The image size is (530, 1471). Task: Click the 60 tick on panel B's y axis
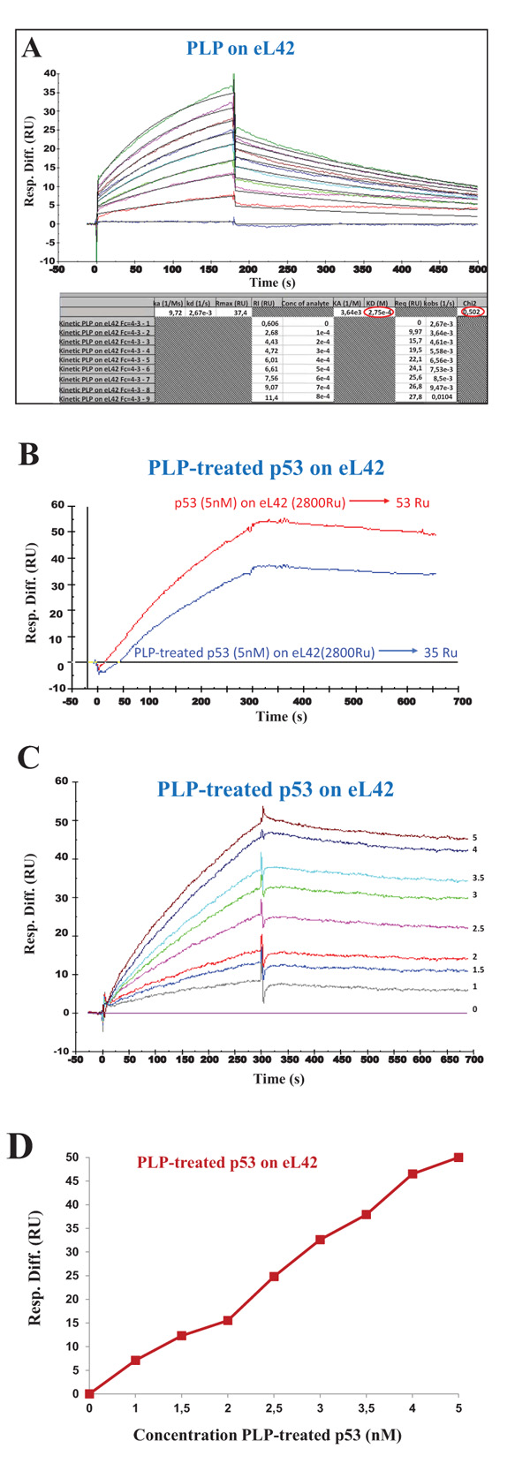pyautogui.click(x=57, y=505)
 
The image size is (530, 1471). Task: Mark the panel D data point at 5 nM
pyautogui.click(x=458, y=1157)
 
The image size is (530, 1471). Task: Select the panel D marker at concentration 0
pyautogui.click(x=89, y=1393)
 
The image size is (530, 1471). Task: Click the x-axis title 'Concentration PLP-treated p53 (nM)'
pyautogui.click(x=267, y=1435)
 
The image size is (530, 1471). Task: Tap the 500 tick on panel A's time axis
pyautogui.click(x=477, y=268)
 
